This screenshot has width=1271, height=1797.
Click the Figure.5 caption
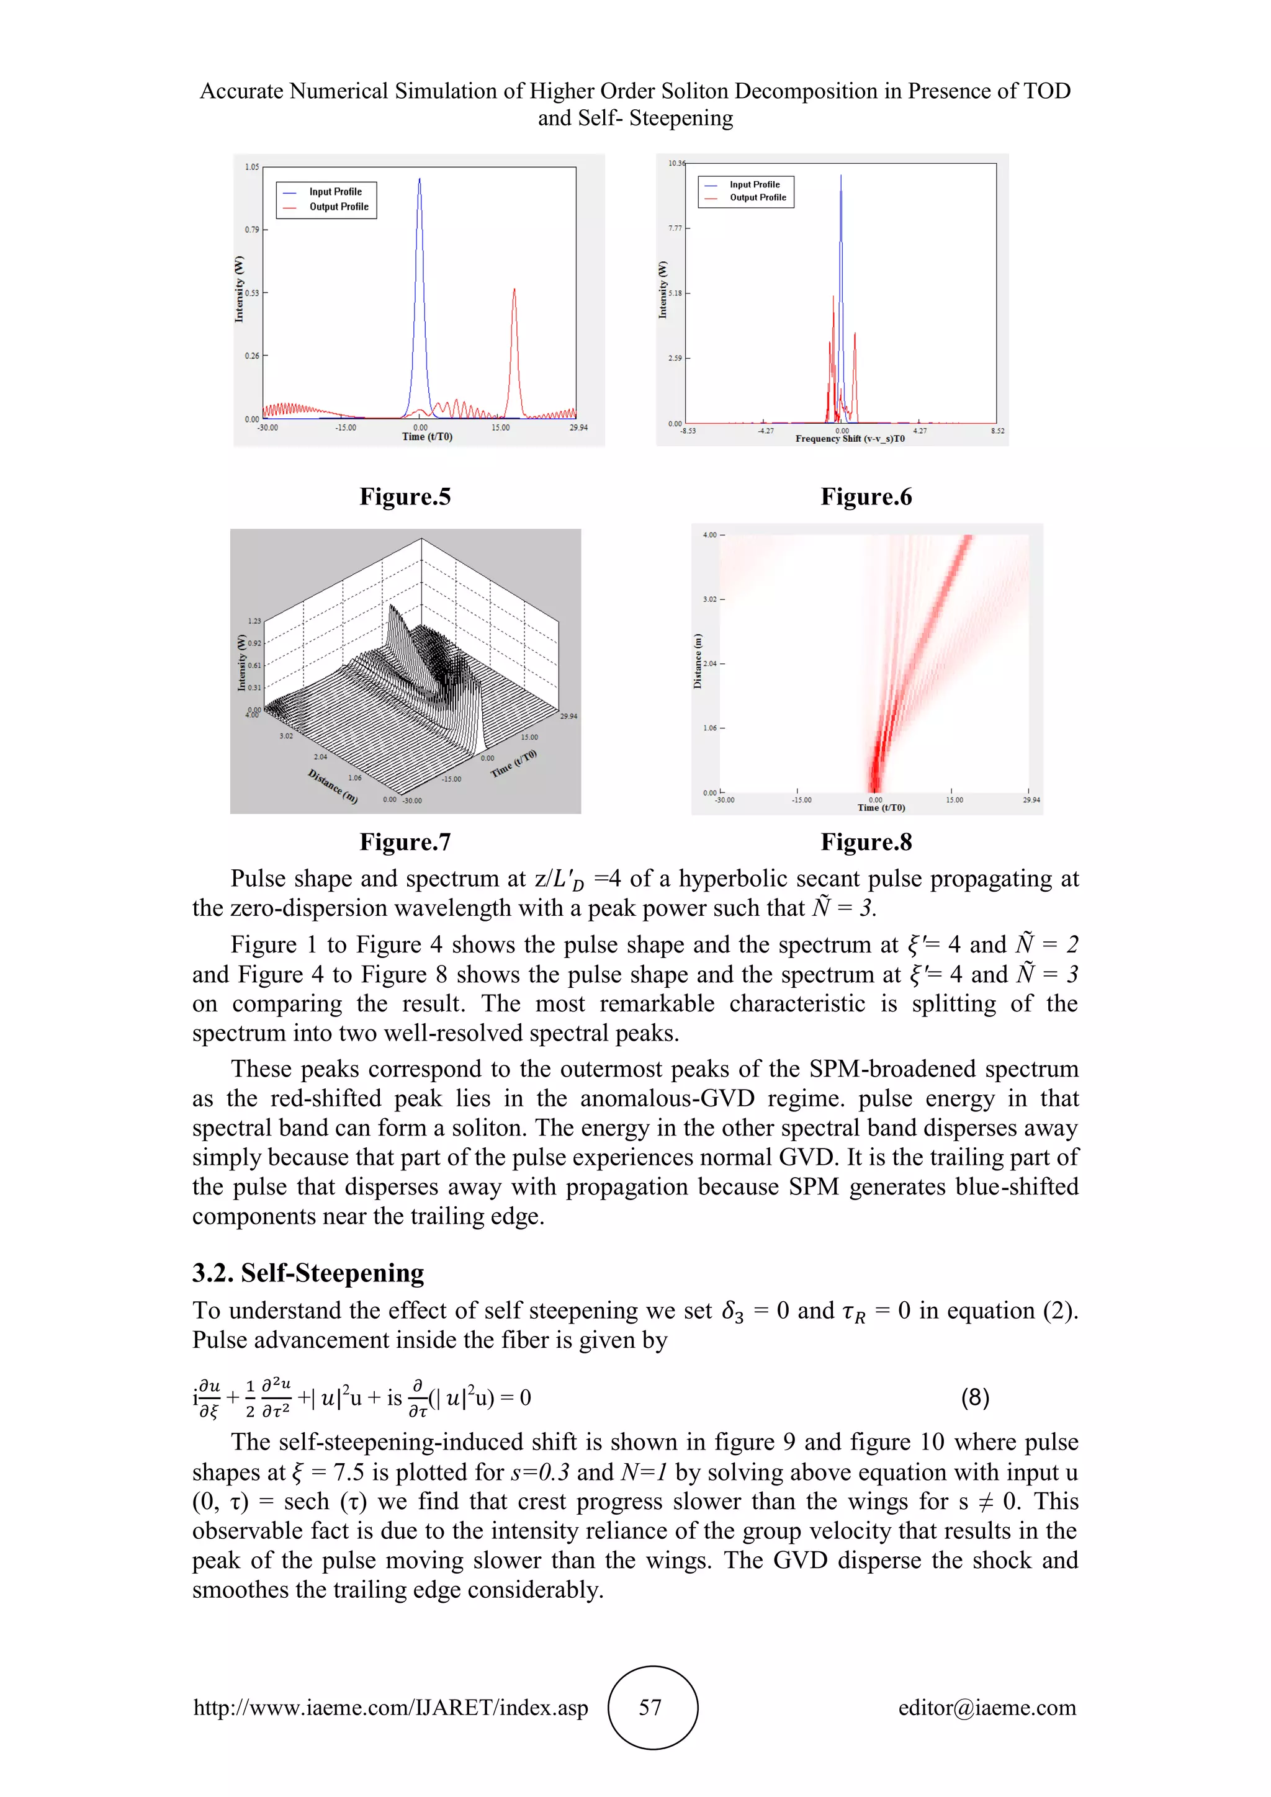click(x=405, y=497)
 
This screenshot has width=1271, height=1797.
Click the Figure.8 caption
click(x=866, y=842)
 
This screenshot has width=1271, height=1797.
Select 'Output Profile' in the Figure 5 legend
click(x=338, y=207)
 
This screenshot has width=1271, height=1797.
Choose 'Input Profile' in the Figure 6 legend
click(x=755, y=185)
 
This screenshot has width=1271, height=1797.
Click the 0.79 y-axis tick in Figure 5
click(x=251, y=230)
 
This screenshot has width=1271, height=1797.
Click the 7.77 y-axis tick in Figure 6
click(x=675, y=228)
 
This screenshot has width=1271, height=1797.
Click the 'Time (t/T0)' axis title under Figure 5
click(x=426, y=437)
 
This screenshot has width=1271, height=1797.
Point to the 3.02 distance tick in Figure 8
click(x=709, y=599)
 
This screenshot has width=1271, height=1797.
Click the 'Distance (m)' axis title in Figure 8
click(x=698, y=661)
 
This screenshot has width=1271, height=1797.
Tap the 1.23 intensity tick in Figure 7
click(x=255, y=621)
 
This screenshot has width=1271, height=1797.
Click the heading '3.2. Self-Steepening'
click(x=308, y=1273)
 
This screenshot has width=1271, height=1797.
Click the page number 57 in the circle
click(x=651, y=1708)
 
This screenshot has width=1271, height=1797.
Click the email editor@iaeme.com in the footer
click(x=986, y=1708)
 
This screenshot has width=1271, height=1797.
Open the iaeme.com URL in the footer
click(x=390, y=1708)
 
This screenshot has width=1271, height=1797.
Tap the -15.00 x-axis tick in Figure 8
click(x=801, y=800)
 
